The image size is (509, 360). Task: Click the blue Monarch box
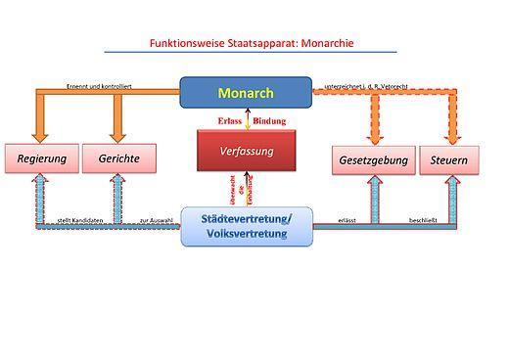click(246, 93)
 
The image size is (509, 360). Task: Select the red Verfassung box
click(246, 151)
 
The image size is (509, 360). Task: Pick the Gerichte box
click(118, 158)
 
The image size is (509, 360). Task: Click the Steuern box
click(449, 158)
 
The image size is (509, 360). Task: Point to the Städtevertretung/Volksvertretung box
click(246, 225)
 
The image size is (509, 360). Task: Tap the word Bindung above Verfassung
click(269, 121)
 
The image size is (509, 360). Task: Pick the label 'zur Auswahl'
click(156, 221)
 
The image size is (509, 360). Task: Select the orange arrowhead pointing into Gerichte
click(118, 135)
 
